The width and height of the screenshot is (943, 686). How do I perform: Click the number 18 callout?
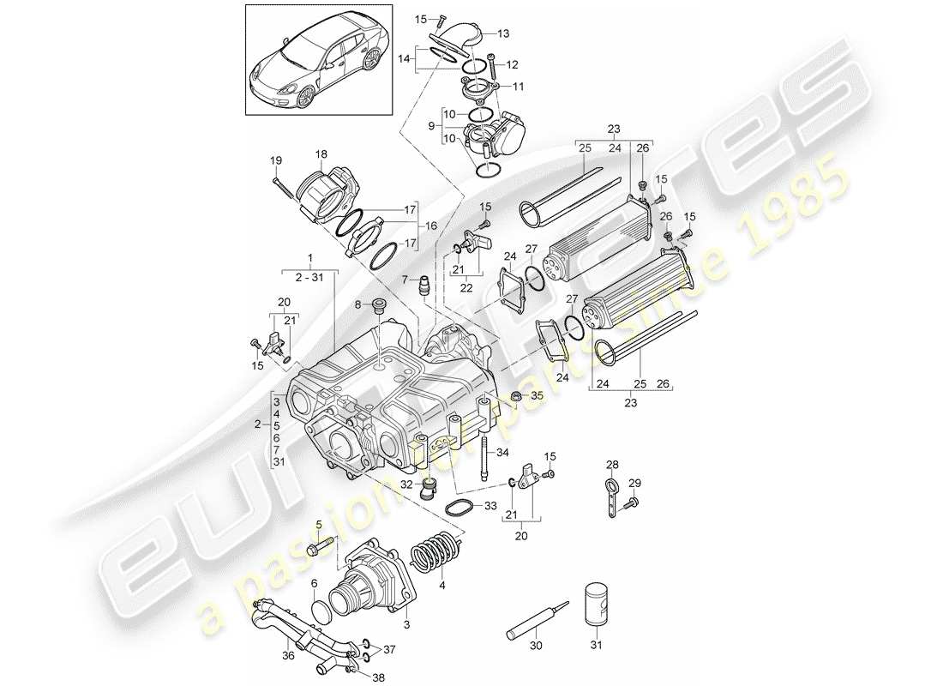coord(321,154)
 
